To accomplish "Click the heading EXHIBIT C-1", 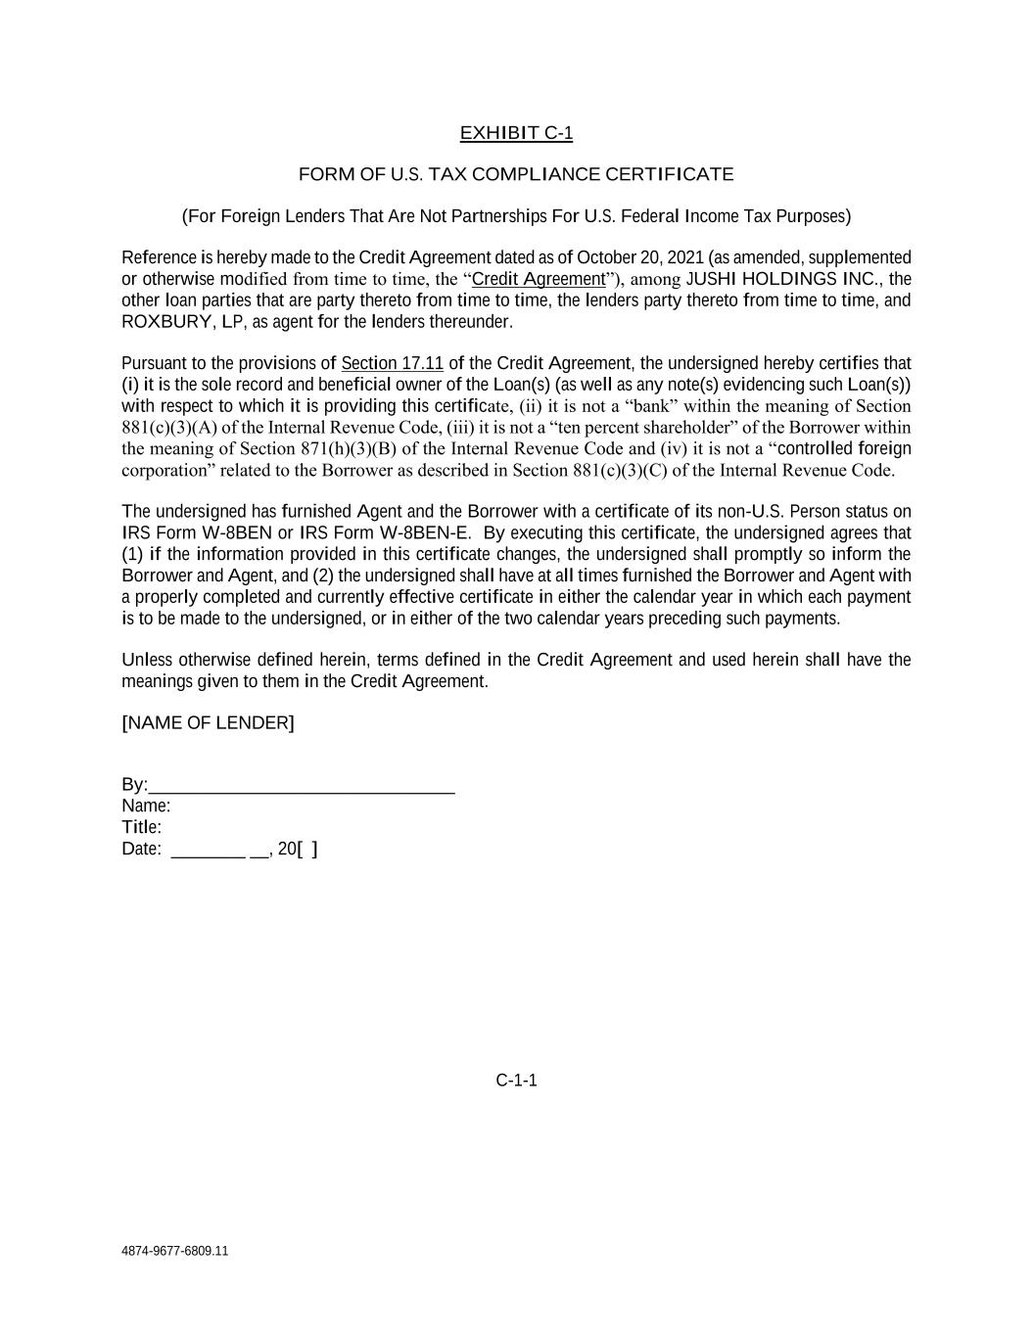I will pyautogui.click(x=516, y=133).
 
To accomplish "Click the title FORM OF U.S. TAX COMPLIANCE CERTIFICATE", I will pyautogui.click(x=516, y=174).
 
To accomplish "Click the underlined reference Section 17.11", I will pyautogui.click(x=392, y=364).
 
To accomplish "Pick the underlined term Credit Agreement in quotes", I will pyautogui.click(x=539, y=279).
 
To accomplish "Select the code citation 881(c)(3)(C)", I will pyautogui.click(x=620, y=471).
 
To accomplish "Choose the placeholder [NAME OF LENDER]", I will pyautogui.click(x=208, y=723).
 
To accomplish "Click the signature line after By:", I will pyautogui.click(x=302, y=786).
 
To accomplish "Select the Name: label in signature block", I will pyautogui.click(x=146, y=806).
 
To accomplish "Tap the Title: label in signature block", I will pyautogui.click(x=142, y=828).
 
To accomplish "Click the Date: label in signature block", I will pyautogui.click(x=141, y=850).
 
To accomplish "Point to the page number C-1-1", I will pyautogui.click(x=516, y=1081).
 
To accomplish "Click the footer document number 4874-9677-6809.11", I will pyautogui.click(x=175, y=1251).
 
